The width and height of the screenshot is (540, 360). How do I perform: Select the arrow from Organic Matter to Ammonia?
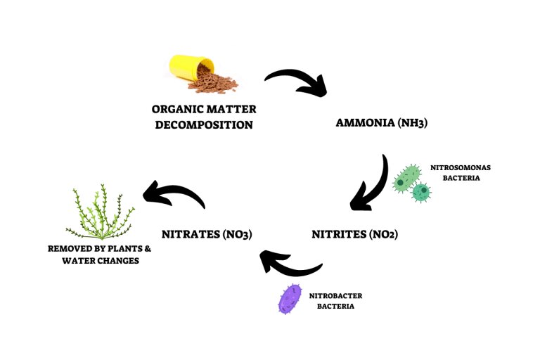(296, 81)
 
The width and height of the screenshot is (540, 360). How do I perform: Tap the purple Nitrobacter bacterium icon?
(290, 298)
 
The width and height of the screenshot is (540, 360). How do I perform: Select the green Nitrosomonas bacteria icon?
(411, 183)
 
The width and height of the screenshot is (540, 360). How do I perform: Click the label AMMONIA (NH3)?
(382, 122)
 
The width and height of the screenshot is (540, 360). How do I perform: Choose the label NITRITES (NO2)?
(354, 234)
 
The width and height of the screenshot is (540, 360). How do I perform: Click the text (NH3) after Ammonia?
(411, 122)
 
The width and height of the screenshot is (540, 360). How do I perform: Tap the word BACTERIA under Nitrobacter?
(336, 307)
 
